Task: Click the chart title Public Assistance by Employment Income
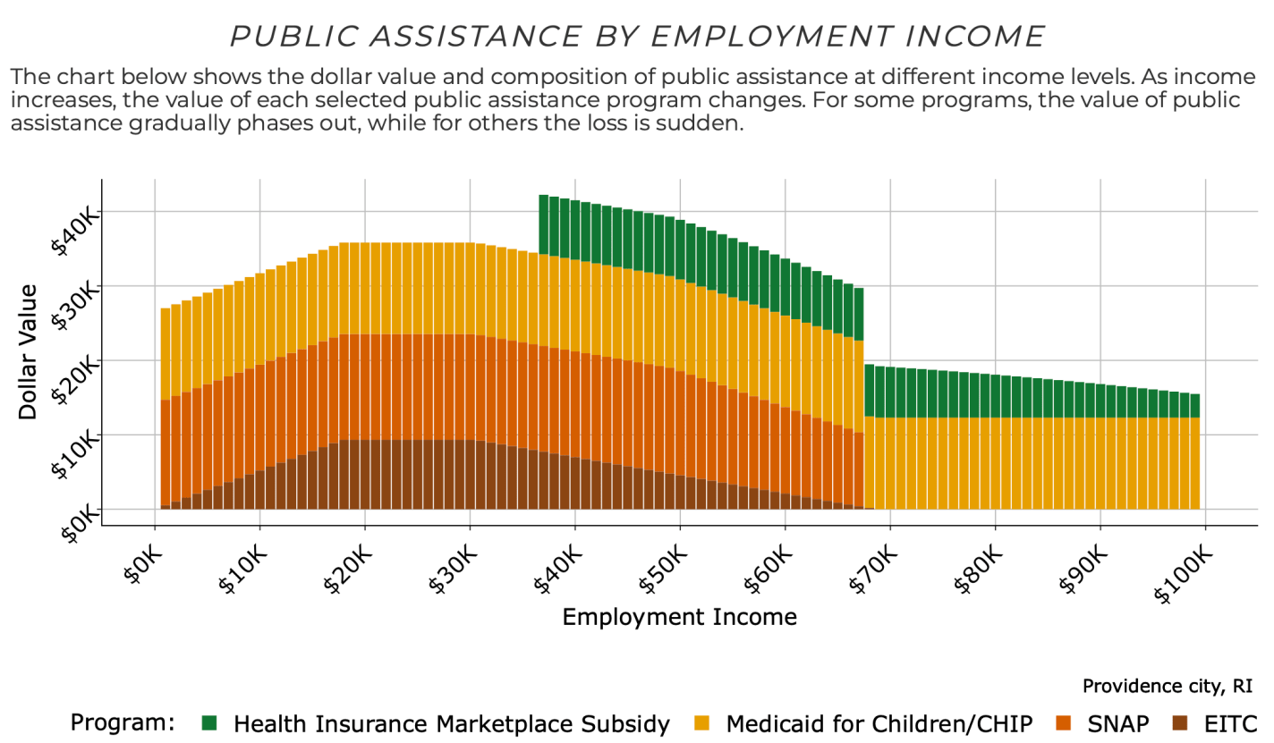tap(637, 36)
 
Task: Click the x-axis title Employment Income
tap(679, 617)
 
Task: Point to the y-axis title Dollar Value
tap(28, 350)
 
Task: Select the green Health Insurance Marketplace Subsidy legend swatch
tap(210, 722)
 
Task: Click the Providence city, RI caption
tap(1167, 687)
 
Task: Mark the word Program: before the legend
tap(122, 722)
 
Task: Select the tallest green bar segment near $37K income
tap(543, 224)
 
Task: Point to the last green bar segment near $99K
tap(1194, 406)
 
